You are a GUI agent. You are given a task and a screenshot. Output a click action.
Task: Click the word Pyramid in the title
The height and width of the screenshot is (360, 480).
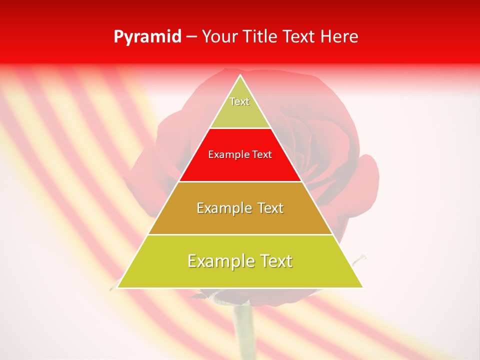click(x=147, y=37)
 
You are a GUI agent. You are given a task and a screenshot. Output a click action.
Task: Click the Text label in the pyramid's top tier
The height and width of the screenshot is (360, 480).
click(x=239, y=101)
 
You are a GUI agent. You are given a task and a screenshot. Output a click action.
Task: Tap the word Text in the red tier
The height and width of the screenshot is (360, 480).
click(x=262, y=155)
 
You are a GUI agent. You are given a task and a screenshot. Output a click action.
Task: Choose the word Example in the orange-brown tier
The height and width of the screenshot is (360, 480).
click(x=223, y=208)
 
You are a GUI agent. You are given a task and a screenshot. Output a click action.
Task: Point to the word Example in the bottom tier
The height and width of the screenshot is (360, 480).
click(x=219, y=261)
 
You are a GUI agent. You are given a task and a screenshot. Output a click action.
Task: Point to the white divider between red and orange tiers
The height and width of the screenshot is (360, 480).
click(x=240, y=181)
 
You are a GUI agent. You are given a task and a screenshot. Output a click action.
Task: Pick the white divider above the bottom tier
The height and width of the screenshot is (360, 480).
click(x=240, y=234)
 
